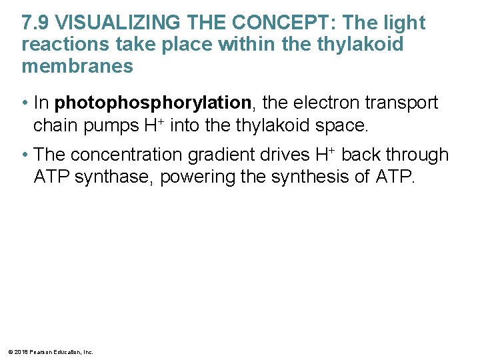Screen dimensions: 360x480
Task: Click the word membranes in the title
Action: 77,67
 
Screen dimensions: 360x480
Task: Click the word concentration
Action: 126,155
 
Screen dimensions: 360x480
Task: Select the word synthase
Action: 111,177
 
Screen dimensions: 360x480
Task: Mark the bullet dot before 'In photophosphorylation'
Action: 25,104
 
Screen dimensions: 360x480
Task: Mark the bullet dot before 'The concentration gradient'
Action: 25,156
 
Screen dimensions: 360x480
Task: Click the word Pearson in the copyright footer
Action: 37,351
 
